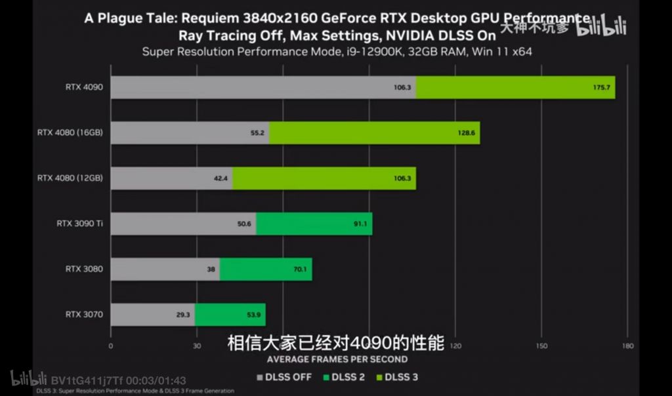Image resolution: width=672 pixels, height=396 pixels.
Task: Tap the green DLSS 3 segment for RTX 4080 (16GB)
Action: point(374,132)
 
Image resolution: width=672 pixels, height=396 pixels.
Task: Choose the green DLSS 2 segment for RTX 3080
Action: point(266,269)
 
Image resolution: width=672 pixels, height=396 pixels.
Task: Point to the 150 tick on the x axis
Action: point(541,346)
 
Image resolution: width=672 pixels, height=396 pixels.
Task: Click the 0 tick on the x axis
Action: point(111,346)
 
